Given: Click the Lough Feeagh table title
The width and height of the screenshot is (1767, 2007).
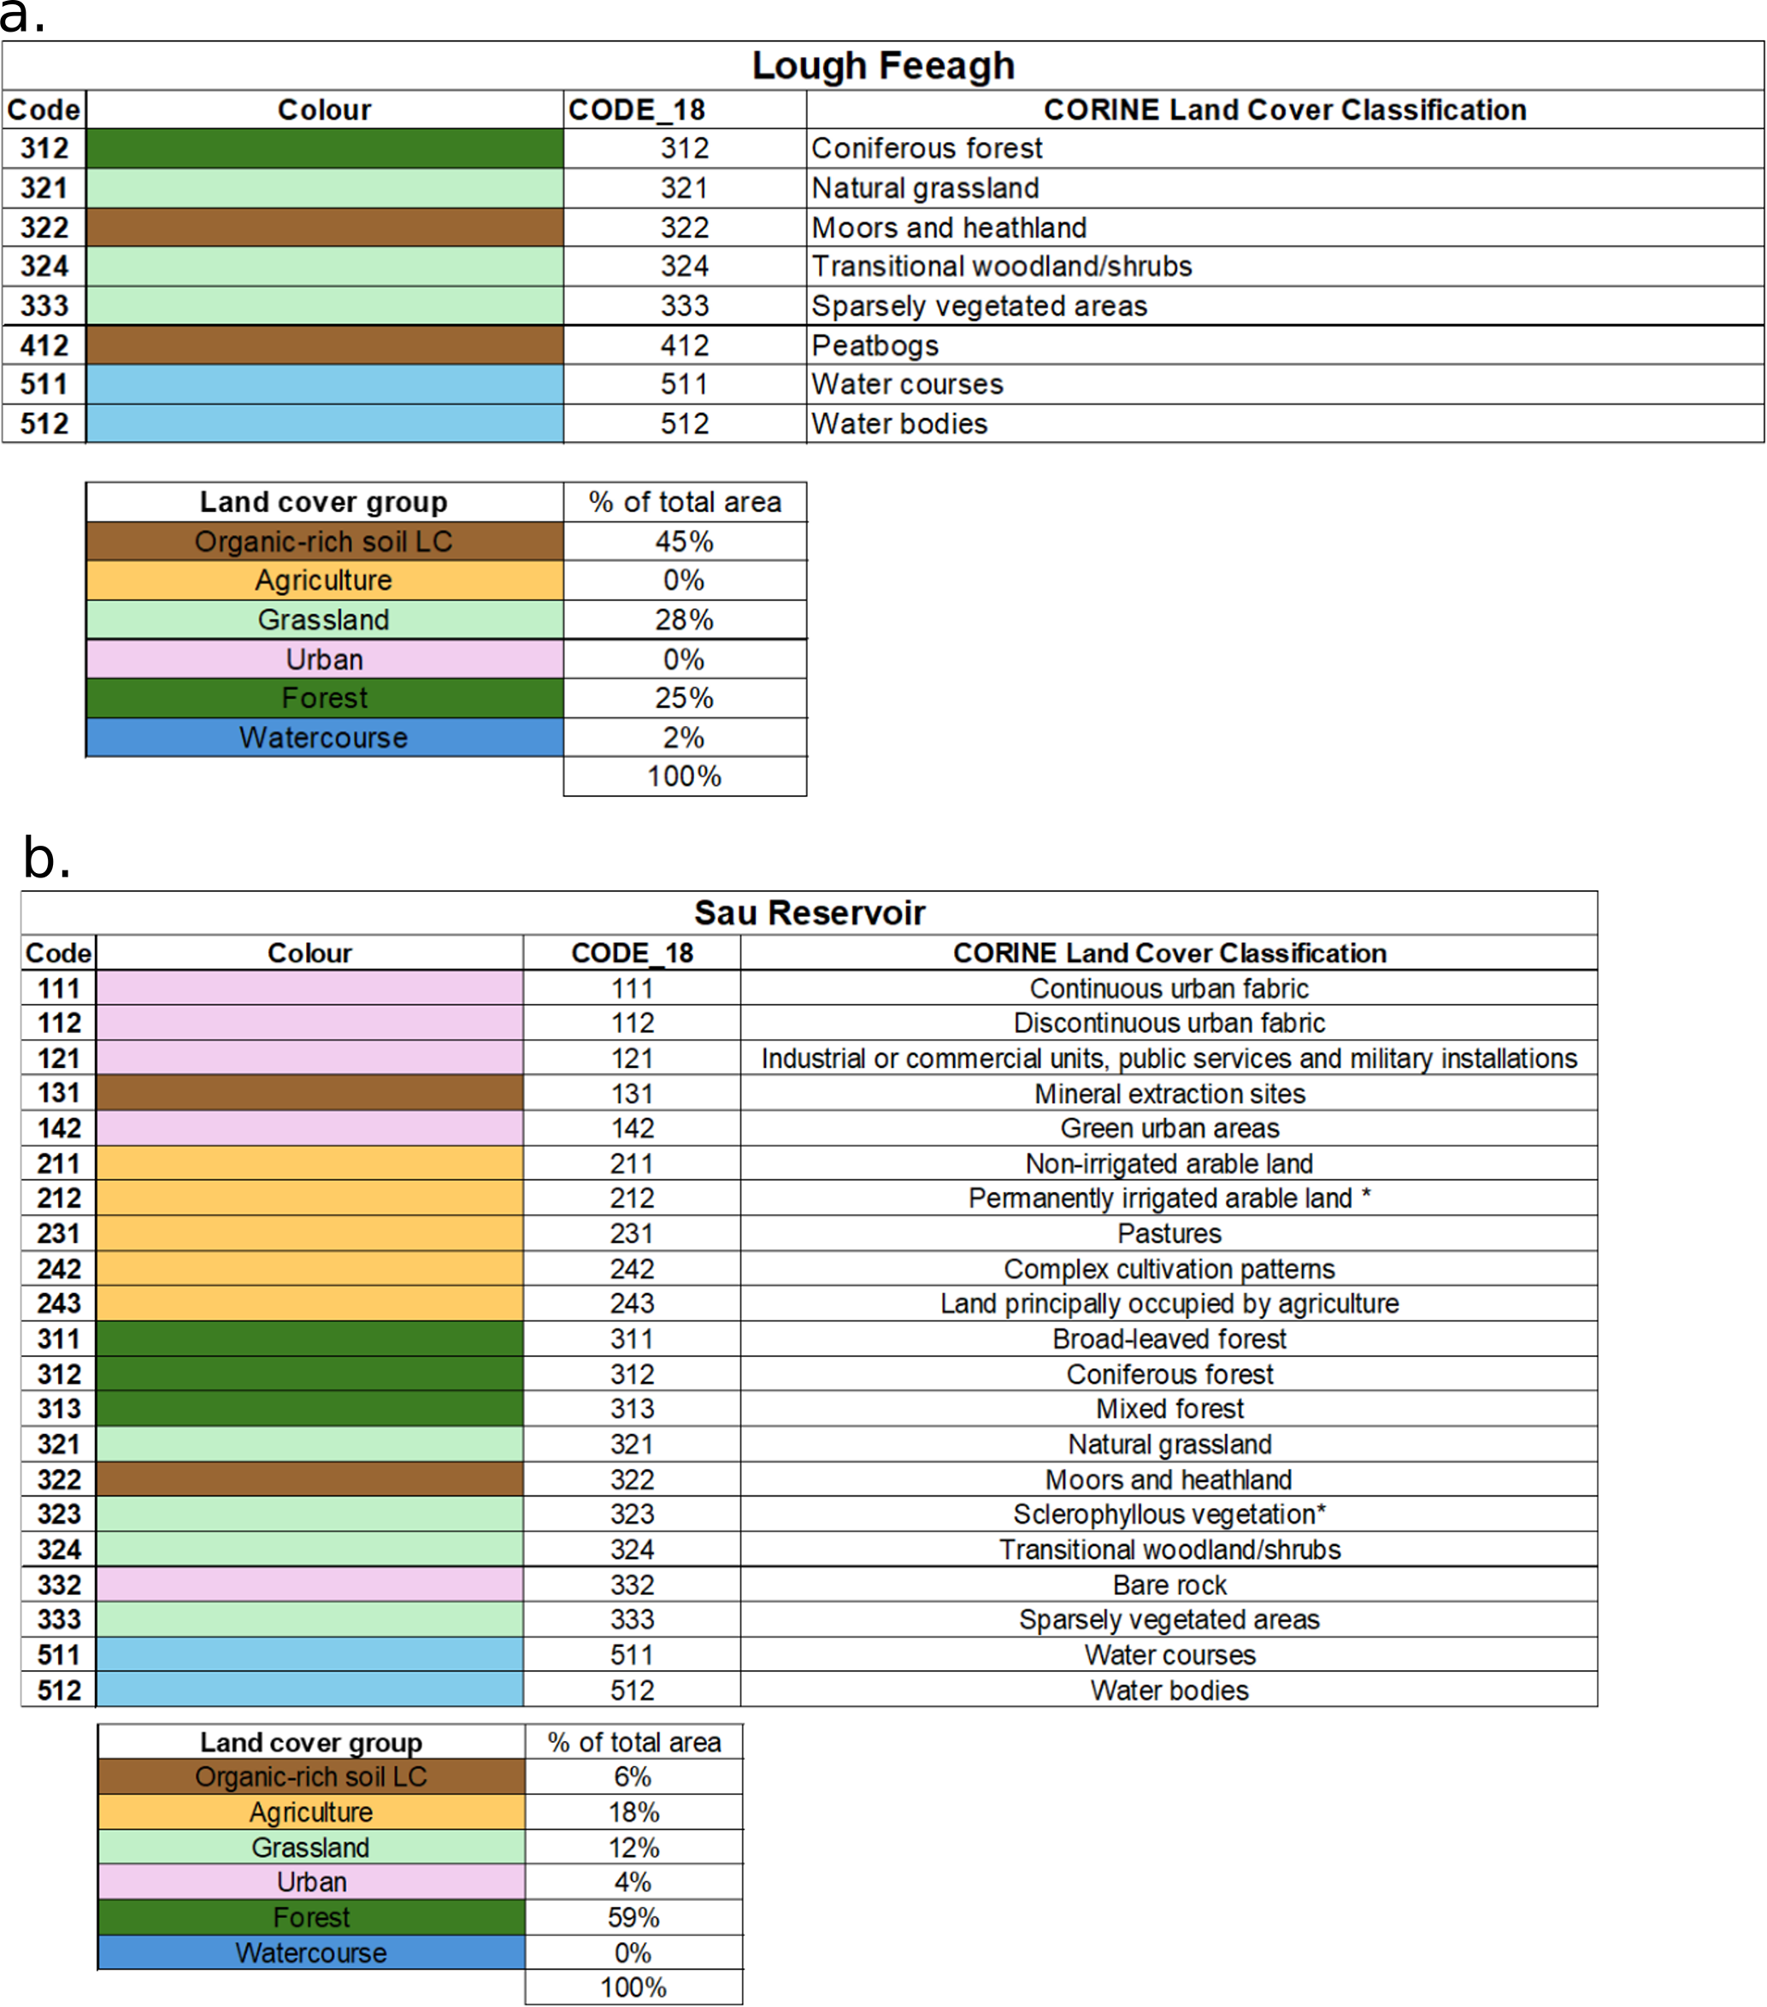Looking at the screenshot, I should (x=882, y=66).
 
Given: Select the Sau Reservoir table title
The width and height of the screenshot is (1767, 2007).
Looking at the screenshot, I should (x=809, y=912).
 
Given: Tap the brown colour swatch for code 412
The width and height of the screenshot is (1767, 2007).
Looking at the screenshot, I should (x=324, y=345).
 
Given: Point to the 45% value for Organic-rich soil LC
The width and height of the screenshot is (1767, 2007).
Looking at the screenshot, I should (x=684, y=541).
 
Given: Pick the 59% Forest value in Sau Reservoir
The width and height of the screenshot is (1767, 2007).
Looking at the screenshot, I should (x=633, y=1918).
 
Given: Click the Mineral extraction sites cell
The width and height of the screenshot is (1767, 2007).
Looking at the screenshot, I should (x=1169, y=1094).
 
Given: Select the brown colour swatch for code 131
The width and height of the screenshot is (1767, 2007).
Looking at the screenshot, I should (x=309, y=1094).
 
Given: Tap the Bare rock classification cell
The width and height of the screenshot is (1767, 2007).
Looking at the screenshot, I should (x=1169, y=1585).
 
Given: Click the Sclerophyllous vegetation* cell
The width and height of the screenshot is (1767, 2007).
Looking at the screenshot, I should (x=1169, y=1514).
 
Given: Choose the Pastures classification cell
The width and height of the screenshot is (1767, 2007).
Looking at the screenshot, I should (x=1169, y=1233).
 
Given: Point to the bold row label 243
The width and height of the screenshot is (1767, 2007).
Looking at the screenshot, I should (x=59, y=1304).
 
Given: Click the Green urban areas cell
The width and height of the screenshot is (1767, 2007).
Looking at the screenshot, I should (x=1169, y=1128).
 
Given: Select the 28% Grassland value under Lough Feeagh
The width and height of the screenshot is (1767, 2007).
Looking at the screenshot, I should (x=684, y=620).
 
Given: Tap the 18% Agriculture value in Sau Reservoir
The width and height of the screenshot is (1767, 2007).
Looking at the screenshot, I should (x=633, y=1813).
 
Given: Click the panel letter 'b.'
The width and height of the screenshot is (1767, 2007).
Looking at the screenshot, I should (x=46, y=859).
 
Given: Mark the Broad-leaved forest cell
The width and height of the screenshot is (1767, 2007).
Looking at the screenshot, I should (x=1169, y=1339).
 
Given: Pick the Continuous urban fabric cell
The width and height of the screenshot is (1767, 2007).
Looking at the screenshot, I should (x=1169, y=989).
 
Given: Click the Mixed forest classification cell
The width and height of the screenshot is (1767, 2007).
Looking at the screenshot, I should (x=1169, y=1409).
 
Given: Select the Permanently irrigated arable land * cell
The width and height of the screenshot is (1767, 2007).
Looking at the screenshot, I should (x=1169, y=1199).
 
